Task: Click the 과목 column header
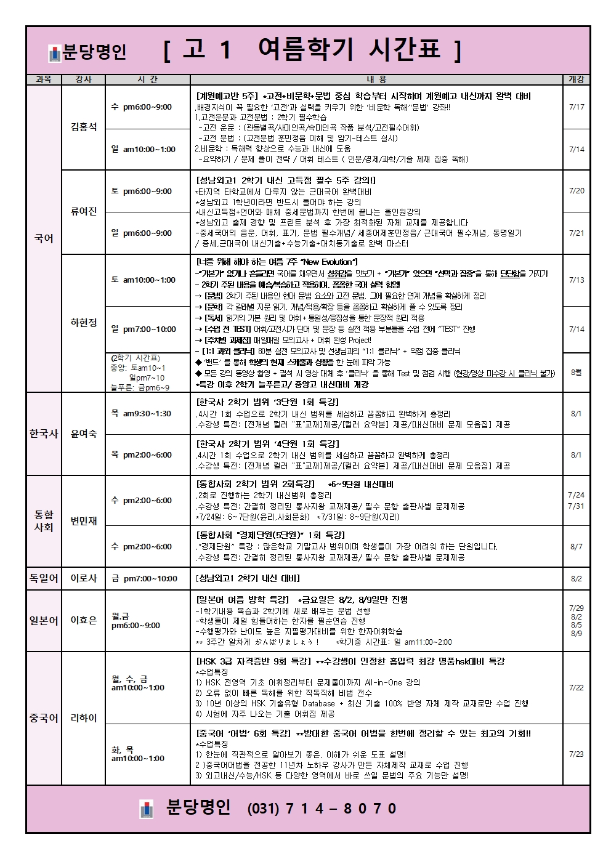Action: [x=44, y=79]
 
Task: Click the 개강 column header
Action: [x=576, y=79]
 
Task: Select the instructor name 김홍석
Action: [x=84, y=127]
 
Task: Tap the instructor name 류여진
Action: [x=84, y=211]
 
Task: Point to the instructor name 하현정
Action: [x=84, y=323]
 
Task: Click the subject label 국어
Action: [x=44, y=238]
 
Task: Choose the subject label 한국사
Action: [x=44, y=434]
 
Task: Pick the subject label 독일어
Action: [x=44, y=578]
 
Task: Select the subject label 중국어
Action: [x=44, y=718]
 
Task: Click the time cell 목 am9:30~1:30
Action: [x=141, y=414]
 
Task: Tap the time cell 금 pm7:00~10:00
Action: [x=144, y=578]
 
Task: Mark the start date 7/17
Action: [x=577, y=107]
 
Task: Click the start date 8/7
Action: [x=577, y=546]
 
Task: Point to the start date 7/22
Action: [x=577, y=687]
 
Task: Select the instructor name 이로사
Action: [x=84, y=578]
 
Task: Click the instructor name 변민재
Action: [x=84, y=521]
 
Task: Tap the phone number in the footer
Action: [x=322, y=809]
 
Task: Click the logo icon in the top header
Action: [x=55, y=54]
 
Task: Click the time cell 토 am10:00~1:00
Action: [x=144, y=280]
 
